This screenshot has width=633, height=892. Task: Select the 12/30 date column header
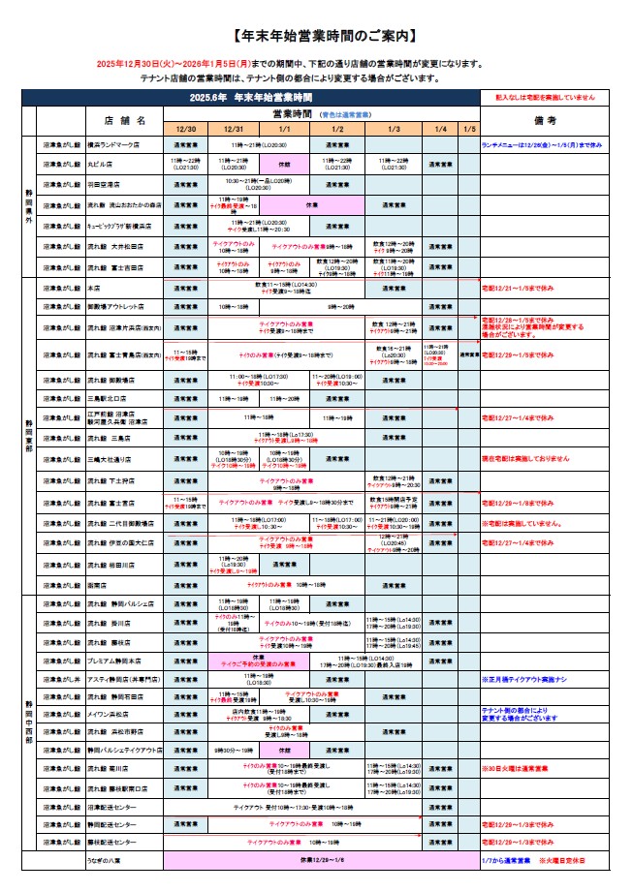(186, 128)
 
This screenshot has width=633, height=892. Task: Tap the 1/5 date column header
(469, 128)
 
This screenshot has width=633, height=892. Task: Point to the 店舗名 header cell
(126, 120)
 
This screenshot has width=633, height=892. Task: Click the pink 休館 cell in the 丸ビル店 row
(285, 165)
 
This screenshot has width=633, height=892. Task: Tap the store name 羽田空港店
(104, 183)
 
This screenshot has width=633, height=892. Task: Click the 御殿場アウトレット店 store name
(117, 306)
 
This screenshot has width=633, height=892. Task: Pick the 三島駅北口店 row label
(107, 398)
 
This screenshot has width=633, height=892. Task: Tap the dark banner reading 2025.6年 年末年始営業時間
(251, 98)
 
